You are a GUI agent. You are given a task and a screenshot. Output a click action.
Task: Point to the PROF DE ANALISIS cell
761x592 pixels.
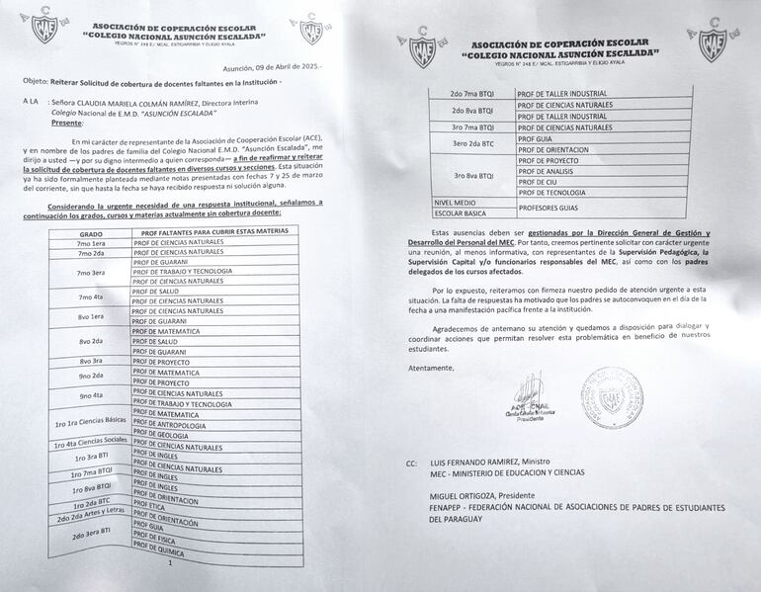(x=558, y=171)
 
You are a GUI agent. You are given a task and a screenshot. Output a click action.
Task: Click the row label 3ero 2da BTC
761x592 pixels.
(x=472, y=144)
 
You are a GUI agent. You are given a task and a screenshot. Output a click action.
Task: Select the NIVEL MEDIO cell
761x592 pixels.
(x=456, y=202)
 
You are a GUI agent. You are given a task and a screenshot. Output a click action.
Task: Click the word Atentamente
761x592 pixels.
(x=430, y=368)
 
